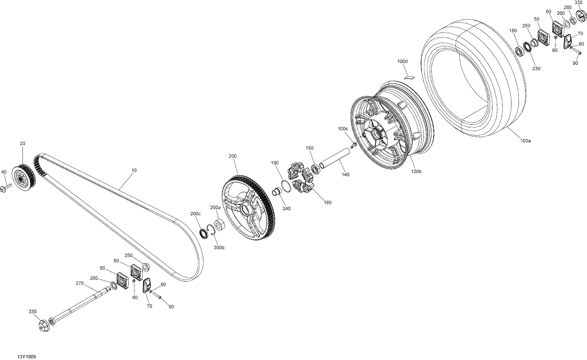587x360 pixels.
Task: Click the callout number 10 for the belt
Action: click(134, 171)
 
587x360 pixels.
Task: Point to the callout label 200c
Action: click(195, 214)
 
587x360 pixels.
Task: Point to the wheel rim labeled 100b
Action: click(391, 125)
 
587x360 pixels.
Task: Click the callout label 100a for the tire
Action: click(526, 140)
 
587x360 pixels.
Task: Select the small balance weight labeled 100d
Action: click(409, 76)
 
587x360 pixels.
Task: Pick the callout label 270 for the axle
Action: click(79, 283)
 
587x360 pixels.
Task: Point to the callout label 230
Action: click(536, 68)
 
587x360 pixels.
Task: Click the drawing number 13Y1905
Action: click(27, 357)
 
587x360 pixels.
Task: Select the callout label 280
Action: click(567, 7)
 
